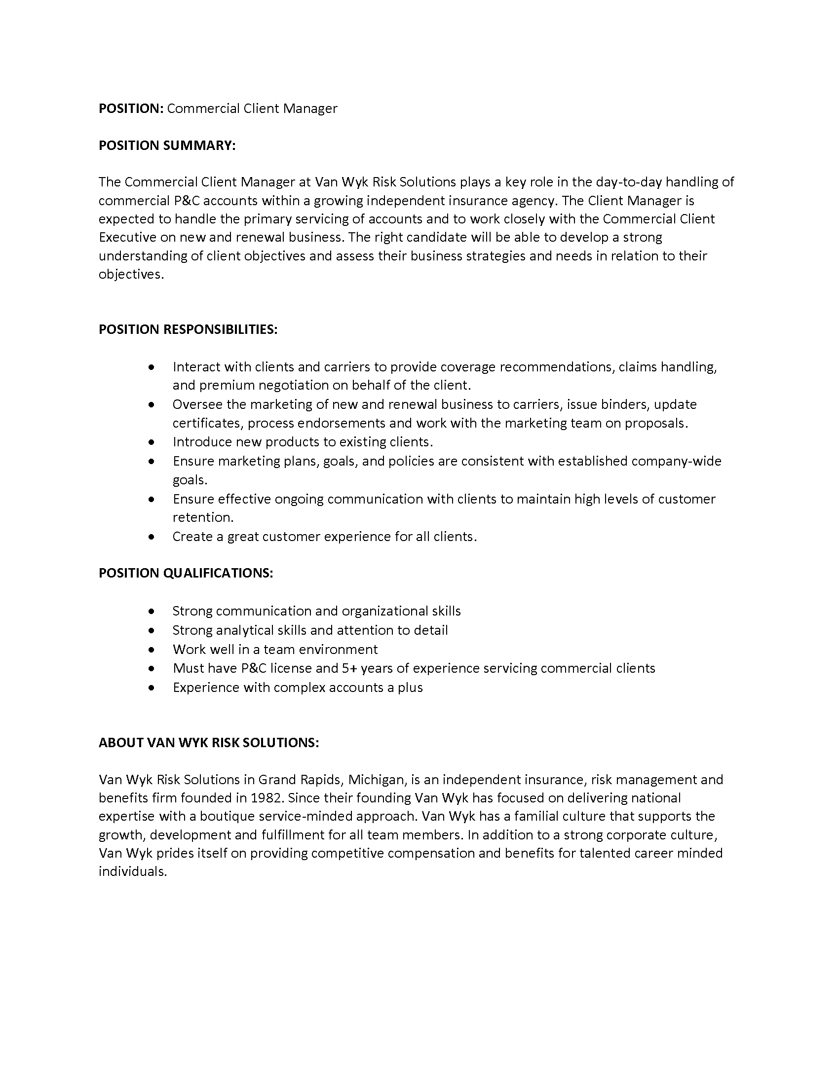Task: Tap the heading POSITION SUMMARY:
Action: pyautogui.click(x=167, y=145)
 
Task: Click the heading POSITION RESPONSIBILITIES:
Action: pyautogui.click(x=188, y=329)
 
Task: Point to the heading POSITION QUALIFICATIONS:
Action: pyautogui.click(x=186, y=573)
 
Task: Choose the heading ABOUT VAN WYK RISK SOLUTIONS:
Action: pyautogui.click(x=209, y=742)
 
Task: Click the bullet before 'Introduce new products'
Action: pyautogui.click(x=152, y=442)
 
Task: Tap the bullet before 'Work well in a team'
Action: pyautogui.click(x=152, y=650)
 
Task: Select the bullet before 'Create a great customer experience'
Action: pyautogui.click(x=152, y=537)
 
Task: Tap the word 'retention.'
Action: pyautogui.click(x=203, y=518)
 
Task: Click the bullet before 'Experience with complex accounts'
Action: pyautogui.click(x=152, y=688)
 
